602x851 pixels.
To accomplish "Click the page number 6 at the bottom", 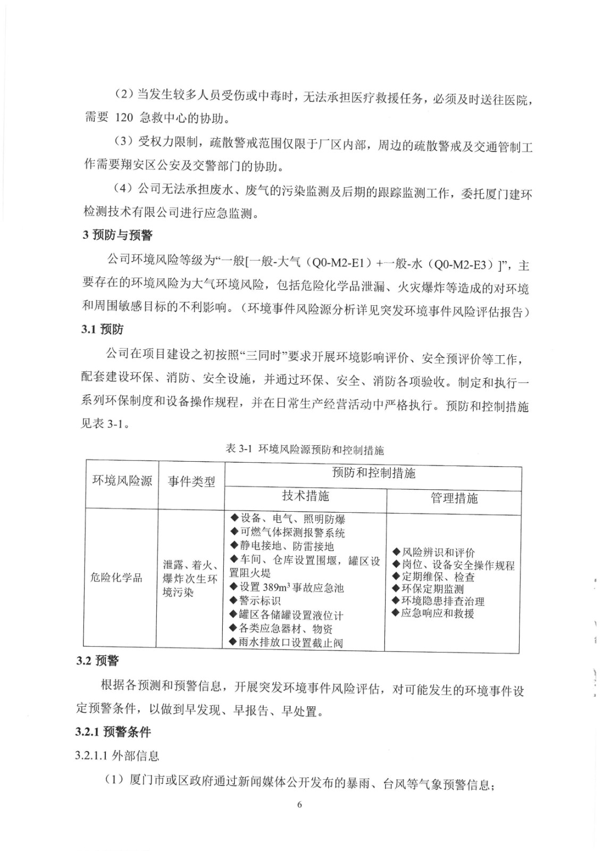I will pos(299,804).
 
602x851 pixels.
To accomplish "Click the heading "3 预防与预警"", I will pos(118,235).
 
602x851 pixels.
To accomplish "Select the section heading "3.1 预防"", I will pos(102,329).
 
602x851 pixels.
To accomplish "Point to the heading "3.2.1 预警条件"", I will pos(113,732).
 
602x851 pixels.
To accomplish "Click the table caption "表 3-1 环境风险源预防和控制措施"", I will pos(304,449).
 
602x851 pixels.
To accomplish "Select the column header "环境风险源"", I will pos(122,481).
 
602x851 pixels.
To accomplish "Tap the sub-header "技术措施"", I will pos(305,496).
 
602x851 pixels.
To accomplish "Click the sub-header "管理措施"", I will pos(454,498).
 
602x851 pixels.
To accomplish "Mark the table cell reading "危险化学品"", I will pos(116,577).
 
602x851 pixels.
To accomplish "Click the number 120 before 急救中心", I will pos(124,118).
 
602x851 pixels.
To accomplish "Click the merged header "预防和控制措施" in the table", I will pos(373,473).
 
